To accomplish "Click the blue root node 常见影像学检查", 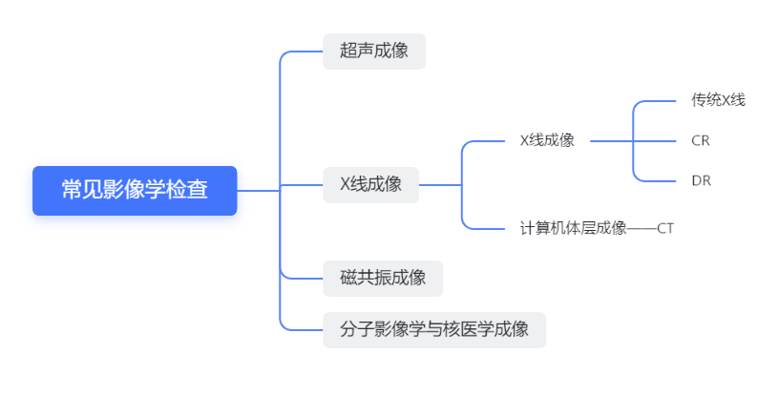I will pyautogui.click(x=135, y=190).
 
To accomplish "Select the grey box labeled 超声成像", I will pyautogui.click(x=373, y=51).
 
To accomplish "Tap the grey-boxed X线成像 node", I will pyautogui.click(x=370, y=184).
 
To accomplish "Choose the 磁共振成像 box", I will pyautogui.click(x=382, y=278).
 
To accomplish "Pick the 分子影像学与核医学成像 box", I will pyautogui.click(x=433, y=329).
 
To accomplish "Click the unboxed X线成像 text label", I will pyautogui.click(x=547, y=140).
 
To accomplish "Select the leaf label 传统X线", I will pyautogui.click(x=718, y=99).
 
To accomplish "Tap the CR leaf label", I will pyautogui.click(x=701, y=140).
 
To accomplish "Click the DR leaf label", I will pyautogui.click(x=701, y=180).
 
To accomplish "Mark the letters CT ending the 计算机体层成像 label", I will pyautogui.click(x=665, y=228).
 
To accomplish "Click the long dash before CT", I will pyautogui.click(x=642, y=228).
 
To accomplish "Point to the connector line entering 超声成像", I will pyautogui.click(x=304, y=52).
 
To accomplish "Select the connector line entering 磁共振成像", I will pyautogui.click(x=304, y=278).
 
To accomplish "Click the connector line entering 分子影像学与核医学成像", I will pyautogui.click(x=304, y=329).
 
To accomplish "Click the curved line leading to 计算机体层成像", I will pyautogui.click(x=477, y=227).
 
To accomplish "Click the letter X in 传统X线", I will pyautogui.click(x=726, y=99).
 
